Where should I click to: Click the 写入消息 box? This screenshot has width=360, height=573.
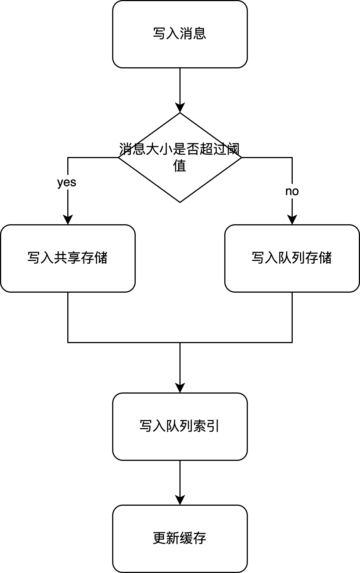click(180, 34)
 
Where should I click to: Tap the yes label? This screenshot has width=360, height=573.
click(67, 182)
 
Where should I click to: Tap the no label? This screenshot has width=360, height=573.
click(292, 191)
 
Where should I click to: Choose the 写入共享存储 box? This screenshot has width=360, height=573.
click(68, 258)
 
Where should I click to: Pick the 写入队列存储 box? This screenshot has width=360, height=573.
click(292, 258)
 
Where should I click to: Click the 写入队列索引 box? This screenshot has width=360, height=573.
click(180, 426)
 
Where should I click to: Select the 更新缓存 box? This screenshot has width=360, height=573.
click(180, 539)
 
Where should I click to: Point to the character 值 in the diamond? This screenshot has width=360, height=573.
click(180, 166)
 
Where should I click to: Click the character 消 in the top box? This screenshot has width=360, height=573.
click(186, 34)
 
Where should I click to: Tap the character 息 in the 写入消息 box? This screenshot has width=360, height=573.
click(200, 34)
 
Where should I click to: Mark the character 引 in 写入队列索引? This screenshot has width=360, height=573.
click(213, 426)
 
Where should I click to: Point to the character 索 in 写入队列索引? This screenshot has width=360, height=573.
click(200, 426)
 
